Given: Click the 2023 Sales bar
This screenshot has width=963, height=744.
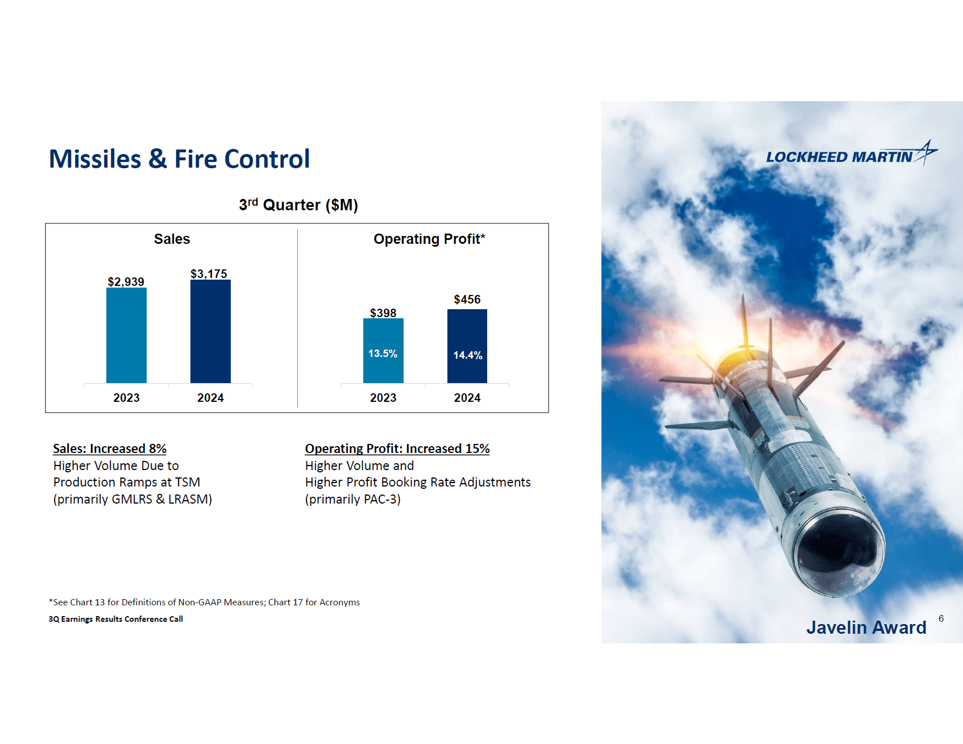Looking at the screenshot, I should click(x=126, y=335).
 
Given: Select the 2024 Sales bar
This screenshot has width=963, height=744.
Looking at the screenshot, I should click(x=210, y=331).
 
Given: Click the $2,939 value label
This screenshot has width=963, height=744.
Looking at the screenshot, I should click(x=126, y=282).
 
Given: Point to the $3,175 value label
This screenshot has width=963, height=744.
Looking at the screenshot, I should click(x=209, y=274).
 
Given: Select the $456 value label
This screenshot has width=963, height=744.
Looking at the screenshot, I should click(x=467, y=300).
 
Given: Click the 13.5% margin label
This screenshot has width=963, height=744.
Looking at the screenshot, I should click(x=383, y=354).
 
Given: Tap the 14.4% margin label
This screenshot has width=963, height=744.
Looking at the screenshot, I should click(x=467, y=355).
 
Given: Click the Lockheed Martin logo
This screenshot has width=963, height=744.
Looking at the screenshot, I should click(x=851, y=155).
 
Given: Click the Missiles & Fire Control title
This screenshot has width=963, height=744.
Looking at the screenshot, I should click(x=180, y=159).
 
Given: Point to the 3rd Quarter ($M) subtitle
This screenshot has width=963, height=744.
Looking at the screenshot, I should click(x=298, y=205).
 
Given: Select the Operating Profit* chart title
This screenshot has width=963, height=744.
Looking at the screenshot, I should click(x=429, y=239).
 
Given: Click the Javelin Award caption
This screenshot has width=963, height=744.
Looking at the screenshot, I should click(x=866, y=627).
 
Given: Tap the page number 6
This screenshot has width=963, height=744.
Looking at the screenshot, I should click(x=941, y=618).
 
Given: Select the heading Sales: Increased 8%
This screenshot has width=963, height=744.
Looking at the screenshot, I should click(x=110, y=449).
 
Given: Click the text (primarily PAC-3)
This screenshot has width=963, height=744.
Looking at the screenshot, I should click(x=353, y=499).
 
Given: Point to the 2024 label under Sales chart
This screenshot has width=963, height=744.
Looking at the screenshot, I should click(x=210, y=398).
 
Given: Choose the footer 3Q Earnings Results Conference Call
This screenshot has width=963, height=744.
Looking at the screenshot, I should click(x=116, y=619).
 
